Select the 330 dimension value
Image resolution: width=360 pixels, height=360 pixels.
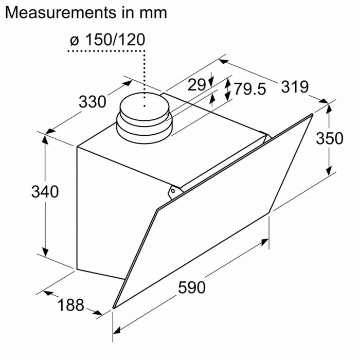(x=92, y=101)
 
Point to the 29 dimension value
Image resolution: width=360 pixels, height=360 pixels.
(x=196, y=85)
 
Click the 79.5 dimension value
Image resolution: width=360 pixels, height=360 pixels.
(x=250, y=89)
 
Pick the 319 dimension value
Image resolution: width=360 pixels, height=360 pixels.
(x=294, y=86)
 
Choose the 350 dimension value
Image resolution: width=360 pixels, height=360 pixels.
(x=330, y=138)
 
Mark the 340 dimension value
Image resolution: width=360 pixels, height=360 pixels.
(x=45, y=192)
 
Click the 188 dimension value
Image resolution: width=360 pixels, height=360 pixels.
(x=70, y=305)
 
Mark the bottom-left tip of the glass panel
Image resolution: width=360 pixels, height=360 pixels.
(x=114, y=307)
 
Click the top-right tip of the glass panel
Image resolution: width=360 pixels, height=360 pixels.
(x=312, y=115)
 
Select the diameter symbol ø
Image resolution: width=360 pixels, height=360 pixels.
(x=74, y=40)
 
